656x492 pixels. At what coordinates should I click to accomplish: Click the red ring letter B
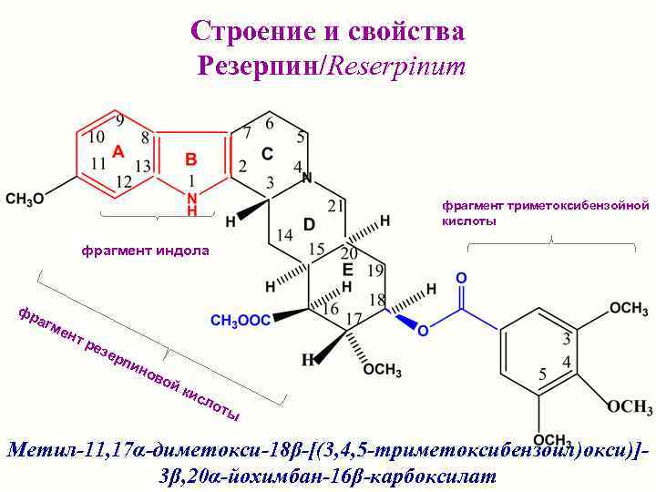(191, 158)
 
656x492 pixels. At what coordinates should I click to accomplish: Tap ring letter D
(310, 223)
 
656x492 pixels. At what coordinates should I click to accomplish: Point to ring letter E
(347, 270)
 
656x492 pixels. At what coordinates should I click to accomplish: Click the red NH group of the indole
(191, 202)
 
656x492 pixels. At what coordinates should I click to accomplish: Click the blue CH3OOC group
(241, 320)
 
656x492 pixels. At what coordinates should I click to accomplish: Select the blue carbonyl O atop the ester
(462, 276)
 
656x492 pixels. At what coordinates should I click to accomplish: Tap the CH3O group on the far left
(25, 198)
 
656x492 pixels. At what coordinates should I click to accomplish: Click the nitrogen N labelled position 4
(308, 177)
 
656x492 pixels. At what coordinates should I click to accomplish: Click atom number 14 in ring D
(284, 234)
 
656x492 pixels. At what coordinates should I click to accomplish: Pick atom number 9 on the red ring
(120, 122)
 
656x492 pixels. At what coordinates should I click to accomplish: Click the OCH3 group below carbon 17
(382, 369)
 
